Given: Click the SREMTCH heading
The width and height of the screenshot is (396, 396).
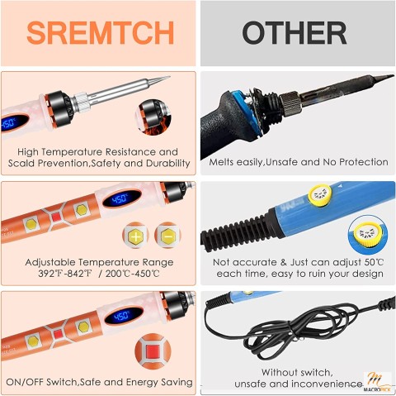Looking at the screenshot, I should point(100,32).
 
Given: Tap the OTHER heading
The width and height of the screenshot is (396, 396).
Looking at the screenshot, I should point(295,32).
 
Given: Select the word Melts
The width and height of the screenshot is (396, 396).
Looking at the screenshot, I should point(225,162).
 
